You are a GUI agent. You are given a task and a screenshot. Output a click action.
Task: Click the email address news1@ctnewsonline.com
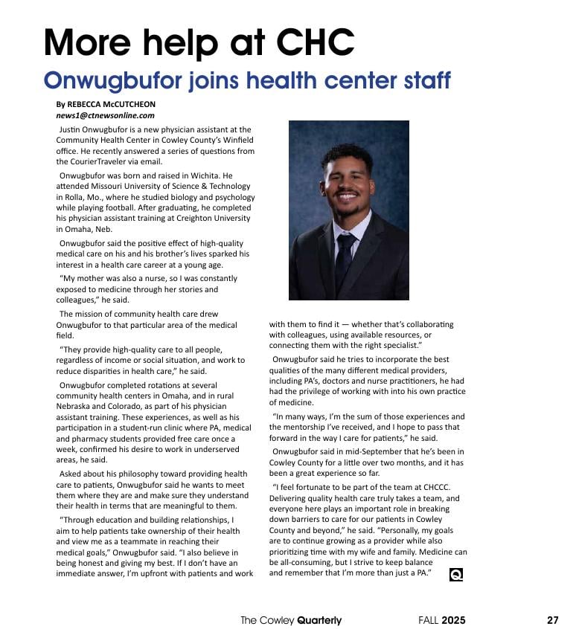(105, 115)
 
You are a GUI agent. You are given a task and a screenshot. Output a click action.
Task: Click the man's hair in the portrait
(348, 154)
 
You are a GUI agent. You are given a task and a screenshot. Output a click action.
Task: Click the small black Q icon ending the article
(456, 574)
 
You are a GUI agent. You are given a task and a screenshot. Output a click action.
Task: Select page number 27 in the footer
(552, 620)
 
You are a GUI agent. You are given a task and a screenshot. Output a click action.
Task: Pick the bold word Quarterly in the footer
(319, 620)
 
